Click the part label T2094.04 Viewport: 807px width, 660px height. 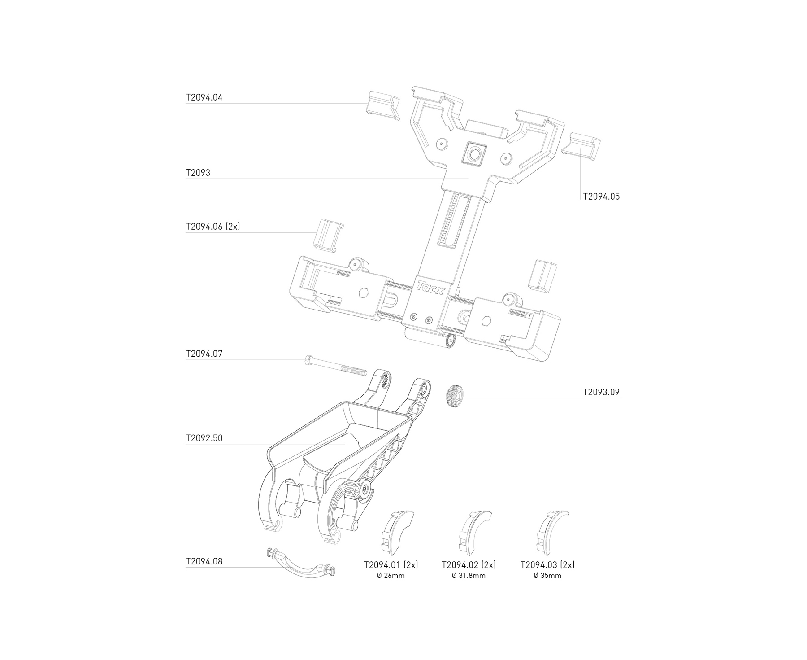pos(204,97)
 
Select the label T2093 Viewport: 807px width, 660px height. pos(198,173)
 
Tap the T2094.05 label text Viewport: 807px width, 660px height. pos(601,197)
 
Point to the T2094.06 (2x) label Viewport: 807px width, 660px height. pos(213,227)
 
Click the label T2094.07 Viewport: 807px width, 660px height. pos(204,354)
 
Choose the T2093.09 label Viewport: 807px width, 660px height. pos(601,392)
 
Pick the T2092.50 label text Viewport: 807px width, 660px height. pos(204,438)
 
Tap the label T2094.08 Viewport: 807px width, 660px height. pos(204,561)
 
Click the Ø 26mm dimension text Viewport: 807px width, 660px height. pos(391,576)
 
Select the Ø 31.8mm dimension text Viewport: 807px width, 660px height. pos(469,576)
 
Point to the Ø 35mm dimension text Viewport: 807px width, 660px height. pos(547,576)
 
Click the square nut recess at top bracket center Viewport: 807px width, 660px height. pos(474,155)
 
